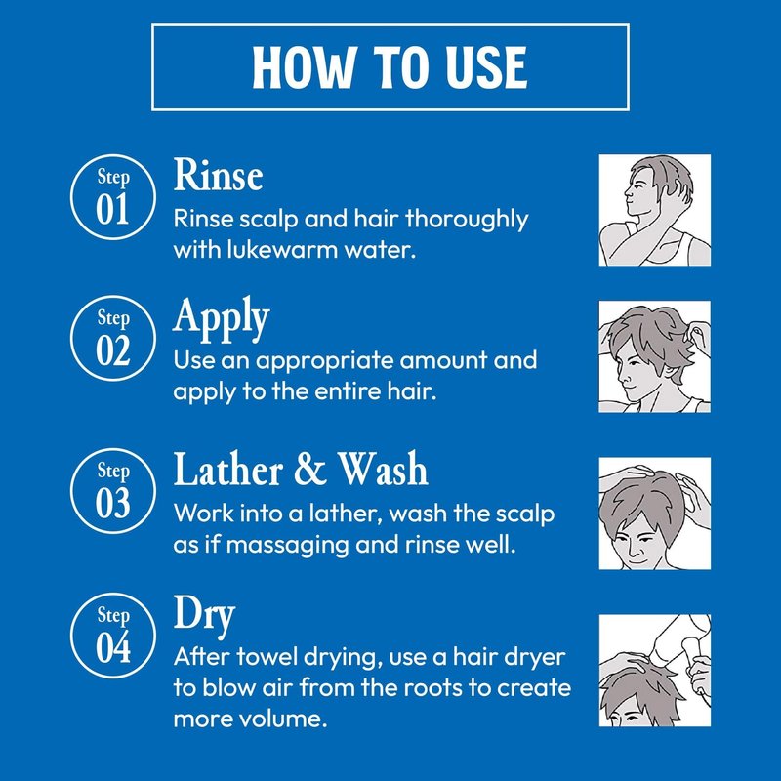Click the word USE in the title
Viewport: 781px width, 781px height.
486,67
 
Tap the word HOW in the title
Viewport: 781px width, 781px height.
305,67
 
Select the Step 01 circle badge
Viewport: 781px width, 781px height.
113,197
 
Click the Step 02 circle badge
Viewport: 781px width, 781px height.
113,338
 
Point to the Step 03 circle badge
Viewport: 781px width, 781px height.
113,491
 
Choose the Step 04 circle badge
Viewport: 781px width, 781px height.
113,636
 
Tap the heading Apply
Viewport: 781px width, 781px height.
222,319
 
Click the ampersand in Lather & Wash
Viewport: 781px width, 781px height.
310,470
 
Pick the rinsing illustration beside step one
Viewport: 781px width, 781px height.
654,210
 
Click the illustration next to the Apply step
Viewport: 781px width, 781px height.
654,356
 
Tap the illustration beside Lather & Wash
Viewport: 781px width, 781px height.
654,514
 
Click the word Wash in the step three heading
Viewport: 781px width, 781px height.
383,470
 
